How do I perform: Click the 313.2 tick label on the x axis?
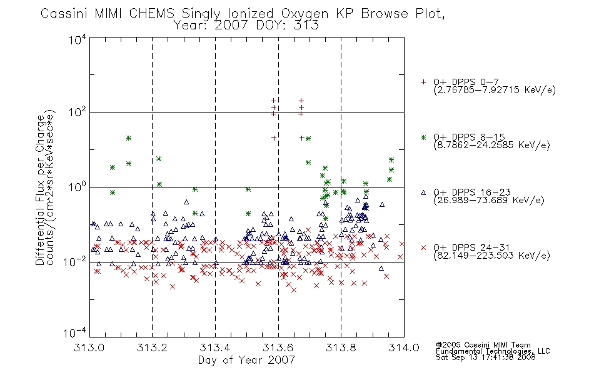pyautogui.click(x=152, y=347)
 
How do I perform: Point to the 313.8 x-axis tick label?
pyautogui.click(x=341, y=347)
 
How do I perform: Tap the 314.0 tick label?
pyautogui.click(x=404, y=347)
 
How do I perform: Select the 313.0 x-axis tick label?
pyautogui.click(x=89, y=347)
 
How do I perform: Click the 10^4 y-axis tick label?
pyautogui.click(x=78, y=39)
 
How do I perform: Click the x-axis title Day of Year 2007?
pyautogui.click(x=246, y=360)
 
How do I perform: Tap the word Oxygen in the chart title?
pyautogui.click(x=305, y=14)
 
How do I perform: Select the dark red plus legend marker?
pyautogui.click(x=423, y=82)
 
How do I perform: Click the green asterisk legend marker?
pyautogui.click(x=423, y=137)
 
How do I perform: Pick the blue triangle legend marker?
pyautogui.click(x=423, y=192)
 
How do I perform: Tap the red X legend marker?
pyautogui.click(x=423, y=247)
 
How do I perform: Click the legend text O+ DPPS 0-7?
pyautogui.click(x=466, y=82)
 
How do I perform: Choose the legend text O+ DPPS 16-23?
pyautogui.click(x=472, y=192)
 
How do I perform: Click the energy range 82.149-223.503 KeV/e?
pyautogui.click(x=491, y=256)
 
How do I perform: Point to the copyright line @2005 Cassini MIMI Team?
pyautogui.click(x=483, y=345)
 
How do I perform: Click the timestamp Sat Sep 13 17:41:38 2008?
pyautogui.click(x=486, y=357)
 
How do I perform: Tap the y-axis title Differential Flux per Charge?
pyautogui.click(x=40, y=190)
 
